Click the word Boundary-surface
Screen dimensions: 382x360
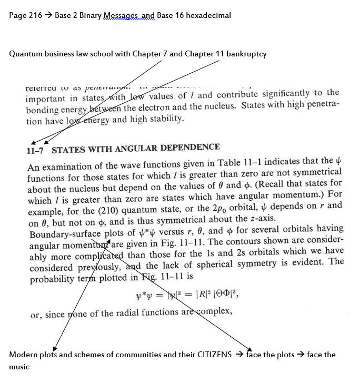[x=65, y=230]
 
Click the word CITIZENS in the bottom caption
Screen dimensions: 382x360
[x=214, y=355]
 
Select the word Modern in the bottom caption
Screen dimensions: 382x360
[x=22, y=355]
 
